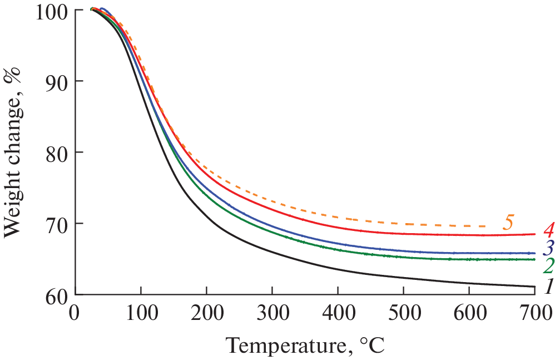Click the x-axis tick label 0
click(x=75, y=310)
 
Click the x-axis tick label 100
click(x=141, y=310)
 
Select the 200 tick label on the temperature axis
click(x=206, y=310)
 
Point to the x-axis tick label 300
click(x=272, y=310)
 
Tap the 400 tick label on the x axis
click(x=338, y=310)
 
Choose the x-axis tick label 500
click(x=403, y=310)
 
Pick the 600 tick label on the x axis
click(x=469, y=310)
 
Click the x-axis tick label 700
click(x=533, y=310)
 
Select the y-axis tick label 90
click(x=58, y=81)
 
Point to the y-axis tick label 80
click(x=58, y=152)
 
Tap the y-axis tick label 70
click(x=58, y=224)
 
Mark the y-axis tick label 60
click(x=58, y=294)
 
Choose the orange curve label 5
click(x=507, y=222)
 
